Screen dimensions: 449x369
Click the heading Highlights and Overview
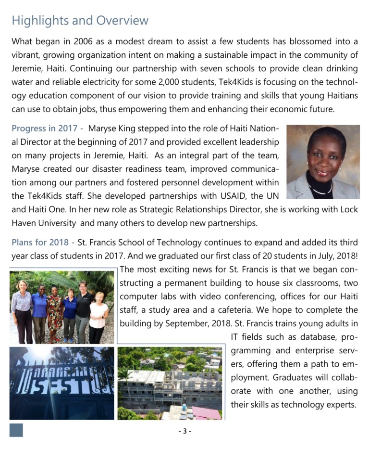[x=80, y=21]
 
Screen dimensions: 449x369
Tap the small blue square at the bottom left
[x=16, y=430]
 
